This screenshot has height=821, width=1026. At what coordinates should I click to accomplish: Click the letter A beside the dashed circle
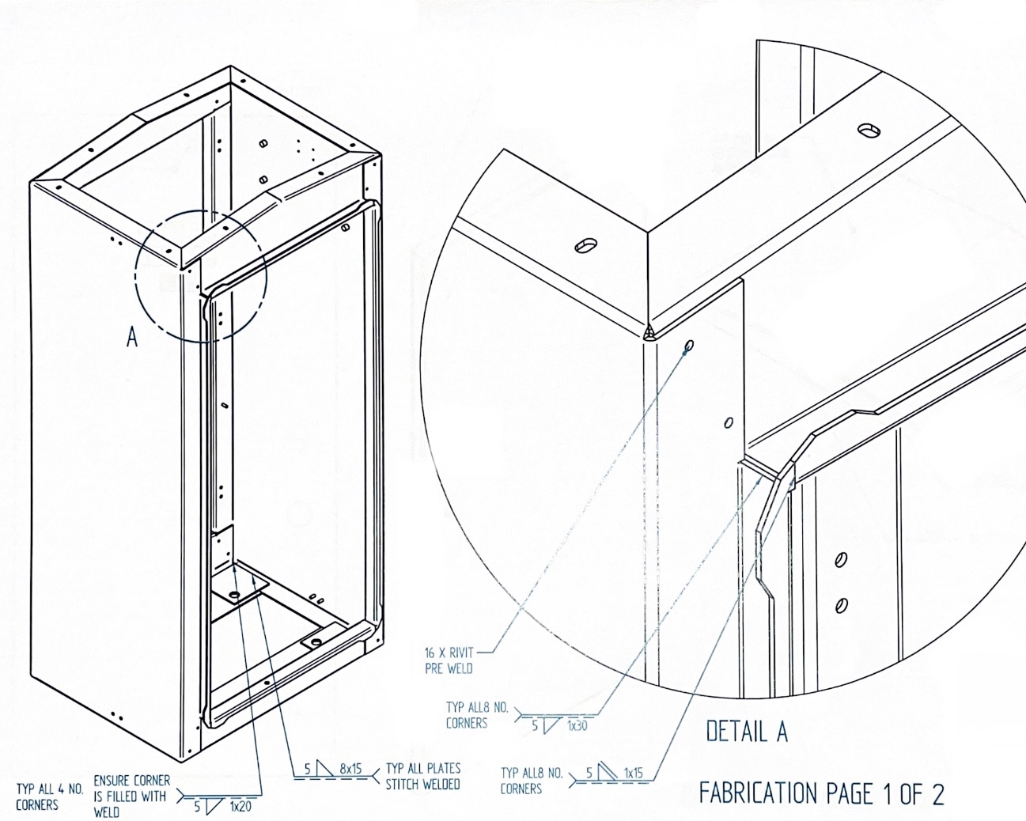[132, 337]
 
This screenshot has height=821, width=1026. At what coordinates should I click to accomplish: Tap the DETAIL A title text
[747, 731]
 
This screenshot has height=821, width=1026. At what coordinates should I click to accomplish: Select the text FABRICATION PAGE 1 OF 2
[821, 794]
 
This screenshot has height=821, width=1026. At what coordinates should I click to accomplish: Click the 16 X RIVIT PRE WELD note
[449, 660]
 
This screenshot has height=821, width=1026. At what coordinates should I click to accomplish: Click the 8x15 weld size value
[350, 769]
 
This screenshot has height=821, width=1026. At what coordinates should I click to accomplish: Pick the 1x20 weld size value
[240, 807]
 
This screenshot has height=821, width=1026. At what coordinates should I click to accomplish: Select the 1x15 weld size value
[633, 773]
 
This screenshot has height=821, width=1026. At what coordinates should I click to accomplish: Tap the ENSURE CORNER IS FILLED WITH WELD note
[131, 796]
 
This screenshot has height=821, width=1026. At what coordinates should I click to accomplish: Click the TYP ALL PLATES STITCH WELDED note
[423, 776]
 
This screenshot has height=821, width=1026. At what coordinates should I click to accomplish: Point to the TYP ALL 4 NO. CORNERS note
[50, 796]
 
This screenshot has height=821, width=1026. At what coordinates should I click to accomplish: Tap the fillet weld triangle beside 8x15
[324, 769]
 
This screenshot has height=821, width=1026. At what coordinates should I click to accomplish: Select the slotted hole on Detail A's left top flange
[585, 245]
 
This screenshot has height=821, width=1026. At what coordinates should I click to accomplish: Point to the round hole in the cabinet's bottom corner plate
[234, 596]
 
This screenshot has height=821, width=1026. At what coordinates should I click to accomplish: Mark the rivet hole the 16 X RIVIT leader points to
[689, 345]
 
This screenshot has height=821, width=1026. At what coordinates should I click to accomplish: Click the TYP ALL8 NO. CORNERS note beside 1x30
[477, 715]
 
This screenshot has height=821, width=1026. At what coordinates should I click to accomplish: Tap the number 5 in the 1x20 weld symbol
[197, 807]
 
